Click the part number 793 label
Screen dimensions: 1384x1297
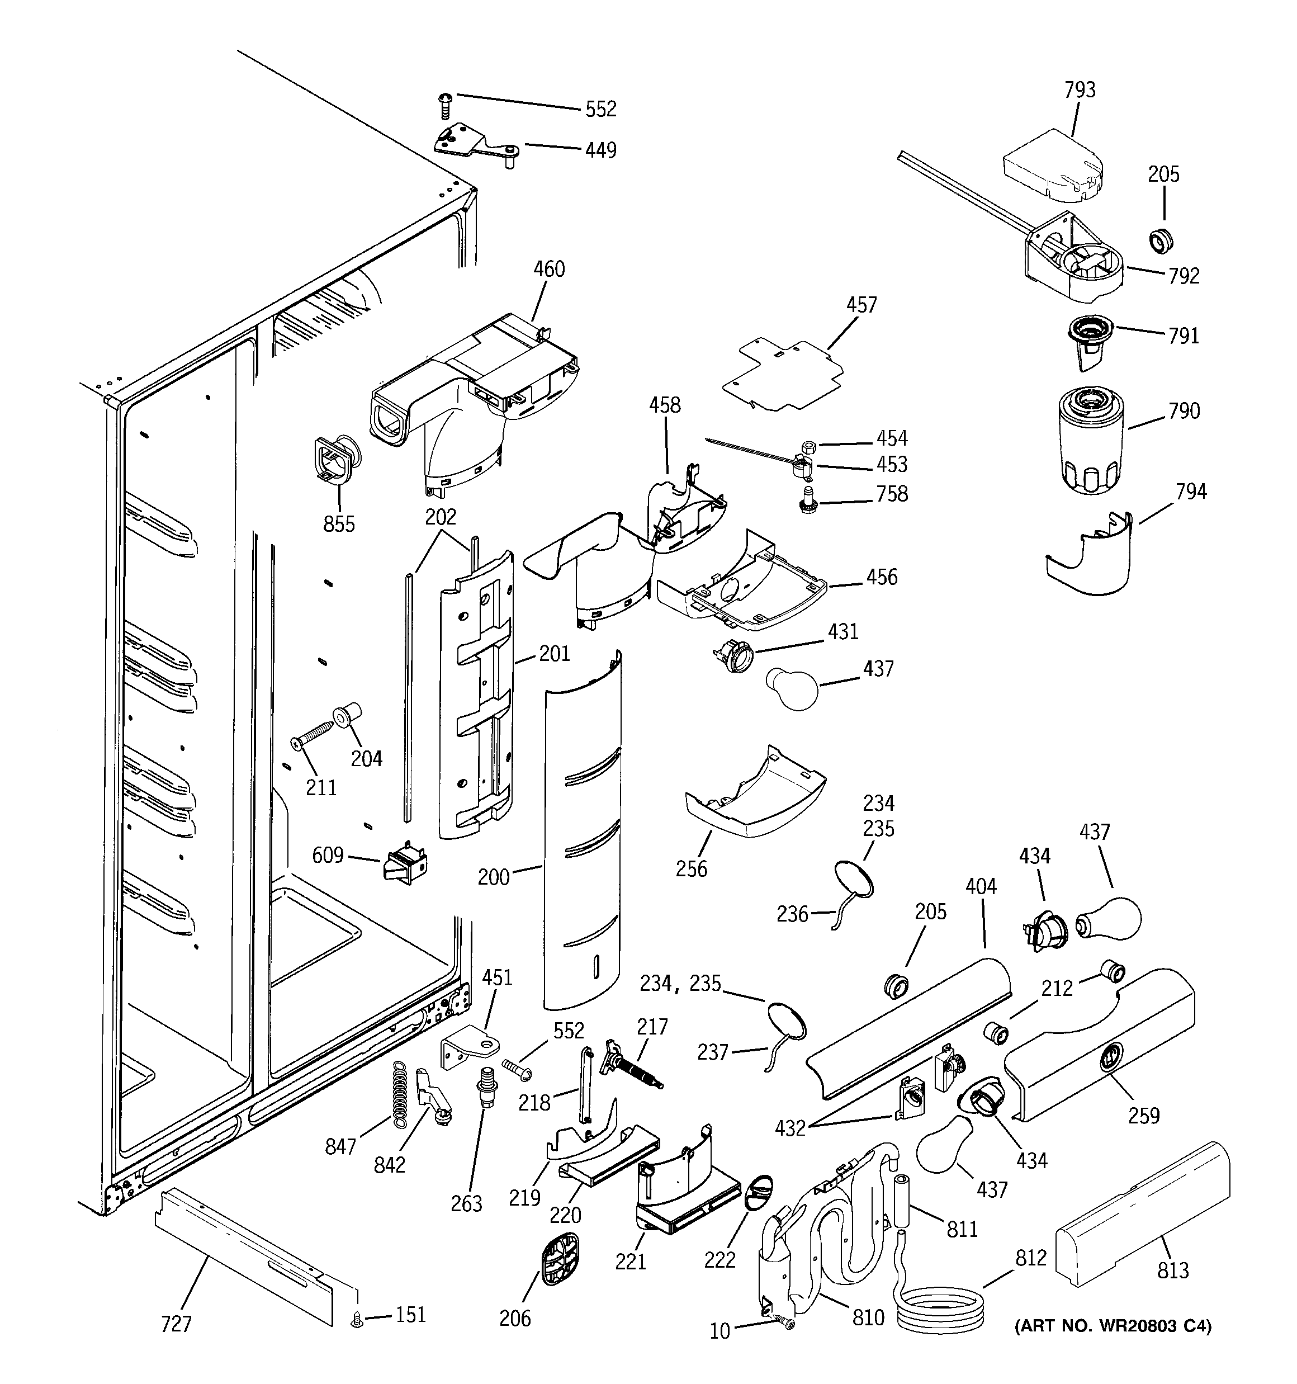[x=1080, y=90]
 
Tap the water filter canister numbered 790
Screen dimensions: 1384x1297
[x=1091, y=443]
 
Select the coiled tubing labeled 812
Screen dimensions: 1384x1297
[x=940, y=1312]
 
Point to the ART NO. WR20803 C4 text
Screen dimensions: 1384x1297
[x=1113, y=1326]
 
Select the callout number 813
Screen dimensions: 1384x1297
[x=1172, y=1270]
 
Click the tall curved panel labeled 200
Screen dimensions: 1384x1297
[x=581, y=835]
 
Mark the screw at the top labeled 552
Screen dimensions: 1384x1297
[x=445, y=106]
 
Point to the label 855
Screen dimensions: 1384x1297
[x=339, y=523]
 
